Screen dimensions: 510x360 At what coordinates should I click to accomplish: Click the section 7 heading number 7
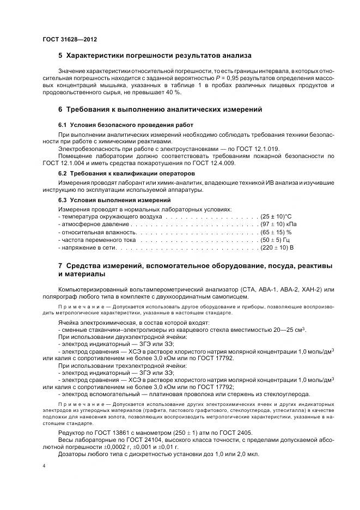click(x=60, y=266)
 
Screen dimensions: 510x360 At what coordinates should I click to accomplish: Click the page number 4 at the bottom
click(x=44, y=466)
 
